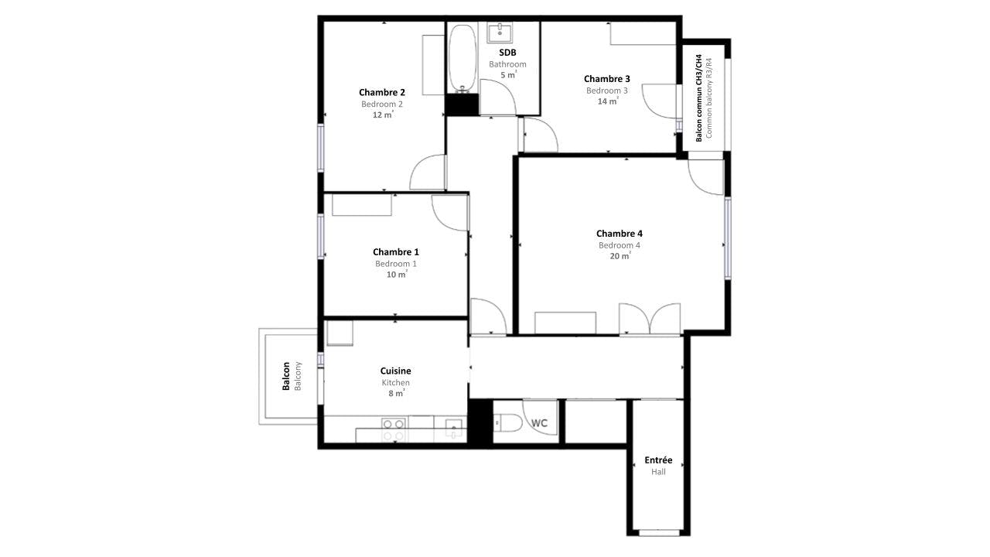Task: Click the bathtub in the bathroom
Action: [463, 58]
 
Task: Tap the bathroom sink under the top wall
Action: [500, 32]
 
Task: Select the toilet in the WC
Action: [509, 423]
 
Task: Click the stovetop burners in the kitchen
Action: [394, 430]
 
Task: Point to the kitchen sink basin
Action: [454, 428]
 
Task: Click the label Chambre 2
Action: [382, 92]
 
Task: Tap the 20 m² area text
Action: [620, 256]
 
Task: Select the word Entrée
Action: [658, 460]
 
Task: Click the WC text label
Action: [539, 423]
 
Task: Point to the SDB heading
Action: [507, 53]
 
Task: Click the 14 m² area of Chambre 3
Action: [608, 101]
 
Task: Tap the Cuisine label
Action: [395, 371]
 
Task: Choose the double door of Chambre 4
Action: [650, 318]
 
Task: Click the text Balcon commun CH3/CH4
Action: [698, 98]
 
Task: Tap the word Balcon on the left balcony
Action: [286, 376]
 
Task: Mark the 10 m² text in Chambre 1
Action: [397, 275]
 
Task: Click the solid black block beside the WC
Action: [480, 422]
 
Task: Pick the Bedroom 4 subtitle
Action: [620, 245]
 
